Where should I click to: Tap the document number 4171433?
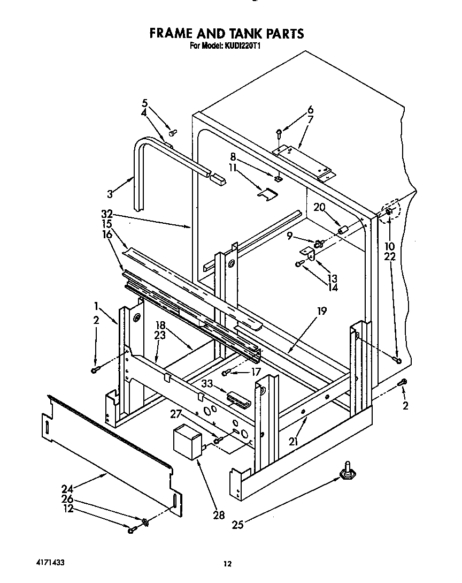pos(41,562)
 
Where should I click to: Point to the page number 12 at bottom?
pos(227,563)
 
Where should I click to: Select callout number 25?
pos(237,525)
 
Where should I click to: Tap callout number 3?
pos(111,194)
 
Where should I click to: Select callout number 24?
pos(67,488)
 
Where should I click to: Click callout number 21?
pos(293,442)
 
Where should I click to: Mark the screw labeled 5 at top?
pos(172,132)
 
